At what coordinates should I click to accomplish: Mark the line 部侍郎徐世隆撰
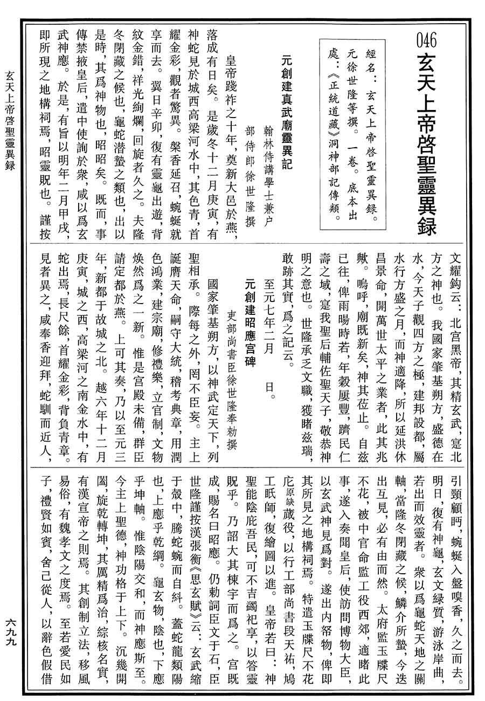250,178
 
